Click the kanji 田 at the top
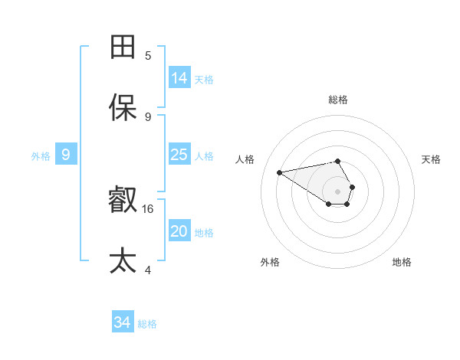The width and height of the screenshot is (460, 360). (x=123, y=47)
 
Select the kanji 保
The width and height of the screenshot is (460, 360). (x=123, y=109)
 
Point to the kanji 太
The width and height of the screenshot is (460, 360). (x=123, y=261)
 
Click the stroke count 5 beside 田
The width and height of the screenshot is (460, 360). (x=148, y=55)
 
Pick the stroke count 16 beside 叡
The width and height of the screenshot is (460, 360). (x=149, y=208)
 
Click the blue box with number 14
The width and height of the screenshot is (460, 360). (x=179, y=77)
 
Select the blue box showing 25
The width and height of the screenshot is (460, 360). (x=179, y=155)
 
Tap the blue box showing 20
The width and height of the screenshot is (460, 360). (x=179, y=231)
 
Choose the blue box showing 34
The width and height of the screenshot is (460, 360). (x=123, y=322)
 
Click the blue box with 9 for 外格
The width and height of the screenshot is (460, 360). (x=66, y=155)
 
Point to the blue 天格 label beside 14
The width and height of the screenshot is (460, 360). (x=204, y=79)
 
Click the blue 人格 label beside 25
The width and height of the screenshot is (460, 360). (x=204, y=156)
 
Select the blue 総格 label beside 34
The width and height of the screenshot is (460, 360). (x=147, y=324)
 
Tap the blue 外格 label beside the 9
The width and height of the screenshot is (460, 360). (x=41, y=156)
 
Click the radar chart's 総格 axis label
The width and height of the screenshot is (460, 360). (x=338, y=100)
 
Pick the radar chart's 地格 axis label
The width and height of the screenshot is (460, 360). (x=402, y=262)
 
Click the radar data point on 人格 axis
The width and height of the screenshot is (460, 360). (x=279, y=172)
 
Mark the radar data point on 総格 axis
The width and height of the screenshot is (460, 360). (x=338, y=161)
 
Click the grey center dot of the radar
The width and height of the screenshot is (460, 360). (x=338, y=190)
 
